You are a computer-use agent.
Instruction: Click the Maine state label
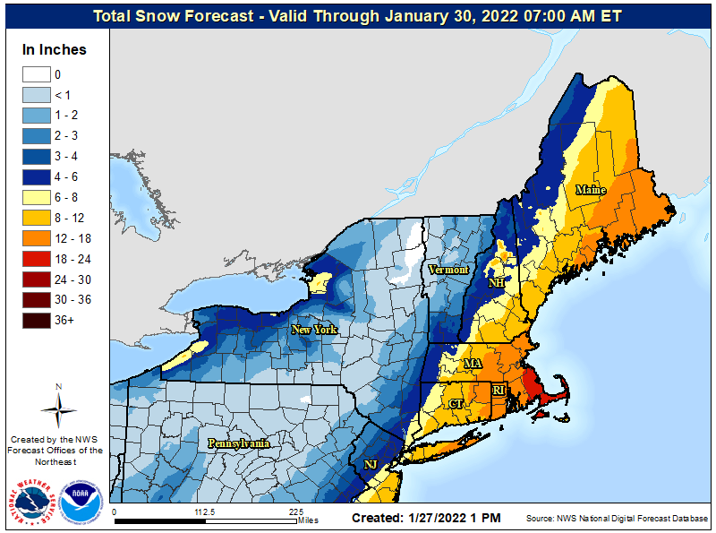tap(590, 190)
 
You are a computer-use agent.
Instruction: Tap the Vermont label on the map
tap(448, 270)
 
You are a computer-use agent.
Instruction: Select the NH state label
tap(496, 283)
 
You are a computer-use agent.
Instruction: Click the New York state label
tap(313, 330)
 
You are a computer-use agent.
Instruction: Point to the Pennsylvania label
tap(238, 443)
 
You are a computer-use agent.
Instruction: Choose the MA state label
tap(473, 365)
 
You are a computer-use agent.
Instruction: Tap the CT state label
tap(456, 404)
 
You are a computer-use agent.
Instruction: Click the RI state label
tap(499, 391)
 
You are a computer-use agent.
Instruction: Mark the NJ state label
tap(371, 464)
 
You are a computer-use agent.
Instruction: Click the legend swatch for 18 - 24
tap(36, 259)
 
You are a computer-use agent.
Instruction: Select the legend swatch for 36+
tap(36, 320)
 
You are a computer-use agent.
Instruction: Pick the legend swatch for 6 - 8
tap(36, 197)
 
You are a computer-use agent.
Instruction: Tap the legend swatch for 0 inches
tap(36, 74)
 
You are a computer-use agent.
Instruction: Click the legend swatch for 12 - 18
tap(36, 238)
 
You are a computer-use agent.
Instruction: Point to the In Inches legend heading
tap(55, 50)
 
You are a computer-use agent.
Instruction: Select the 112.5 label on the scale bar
tap(206, 512)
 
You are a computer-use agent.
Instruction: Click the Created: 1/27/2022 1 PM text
tap(426, 518)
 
